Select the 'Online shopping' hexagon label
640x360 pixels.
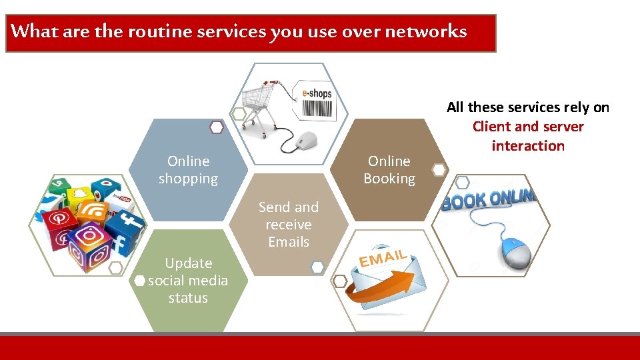click(188, 170)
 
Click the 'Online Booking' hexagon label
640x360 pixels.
click(389, 170)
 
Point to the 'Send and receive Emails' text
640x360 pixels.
click(289, 225)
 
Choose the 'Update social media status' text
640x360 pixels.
click(188, 281)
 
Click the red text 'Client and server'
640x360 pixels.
click(528, 127)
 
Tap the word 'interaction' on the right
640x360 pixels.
click(528, 146)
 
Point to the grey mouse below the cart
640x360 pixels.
click(305, 141)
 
